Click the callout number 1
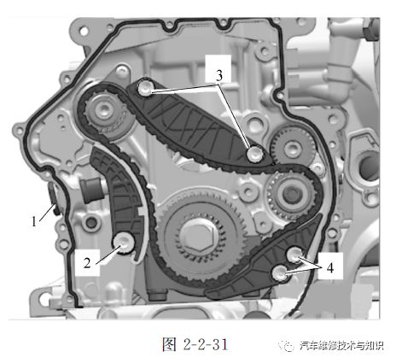(x=35, y=220)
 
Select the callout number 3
(x=219, y=75)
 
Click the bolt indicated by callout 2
(x=125, y=242)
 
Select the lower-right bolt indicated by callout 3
(x=254, y=155)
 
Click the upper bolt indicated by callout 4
(x=294, y=254)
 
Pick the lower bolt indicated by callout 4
(x=280, y=272)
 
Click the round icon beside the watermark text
(x=292, y=344)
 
